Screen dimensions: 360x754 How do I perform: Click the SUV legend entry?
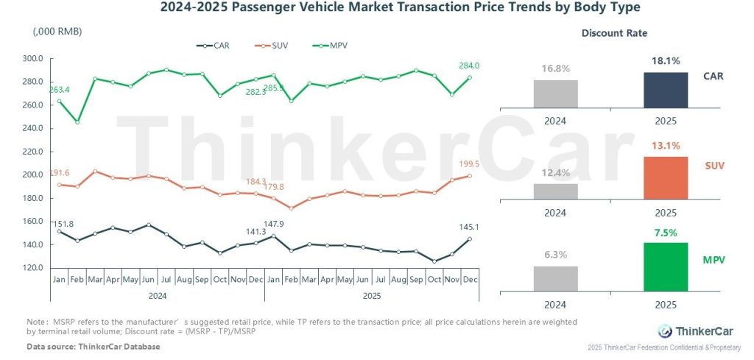tap(270, 46)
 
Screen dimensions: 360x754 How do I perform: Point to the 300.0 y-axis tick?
tap(34, 58)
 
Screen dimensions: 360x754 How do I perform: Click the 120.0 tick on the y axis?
tap(34, 268)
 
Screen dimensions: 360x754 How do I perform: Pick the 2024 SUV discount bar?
tap(556, 191)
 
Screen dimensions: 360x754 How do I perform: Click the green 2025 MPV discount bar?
tap(666, 265)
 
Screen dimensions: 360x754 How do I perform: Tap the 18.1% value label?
tap(666, 61)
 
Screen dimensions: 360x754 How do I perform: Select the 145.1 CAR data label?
tap(469, 227)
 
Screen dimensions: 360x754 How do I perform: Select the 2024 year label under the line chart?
tap(157, 295)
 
